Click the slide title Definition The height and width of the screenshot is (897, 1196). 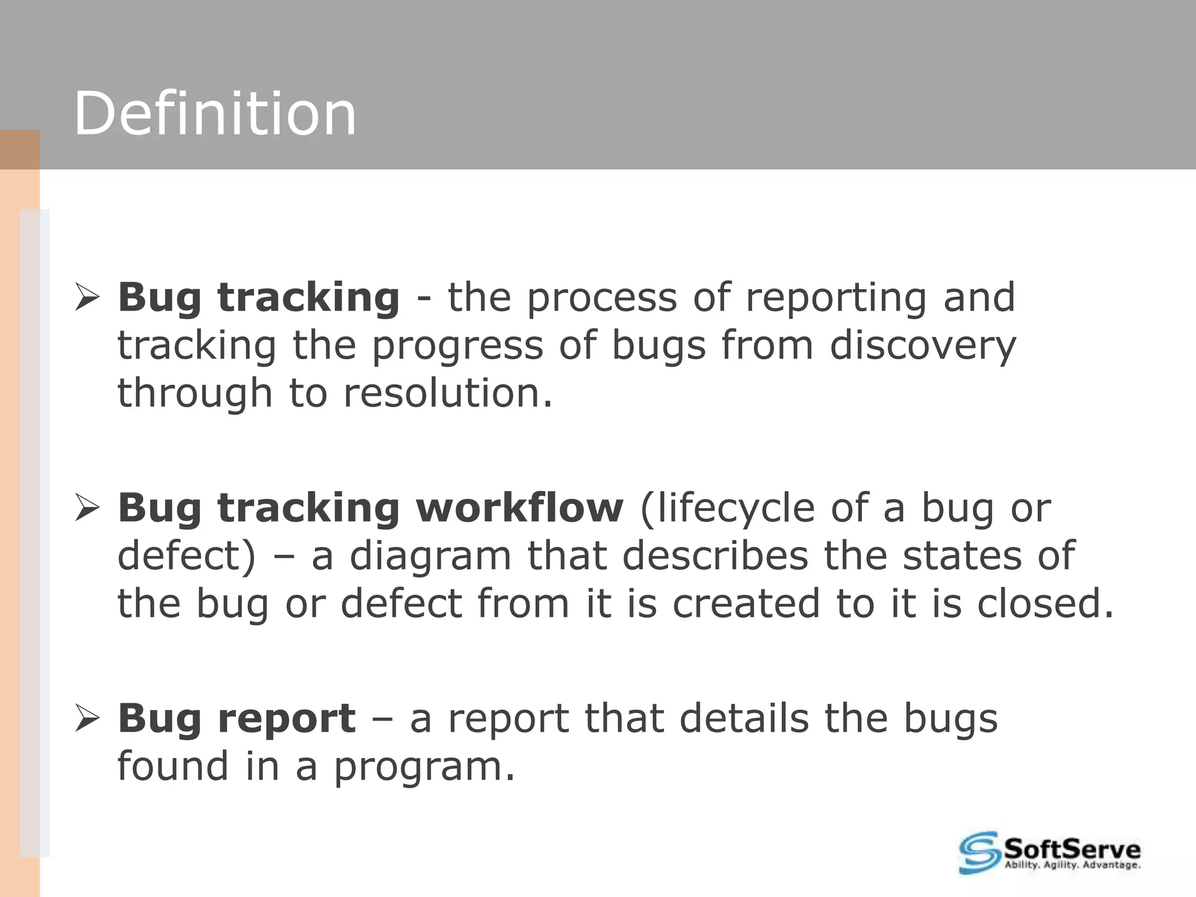point(215,114)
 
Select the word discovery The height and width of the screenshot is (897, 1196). point(923,346)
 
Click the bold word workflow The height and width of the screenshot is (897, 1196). point(519,507)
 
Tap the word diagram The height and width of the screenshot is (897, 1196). point(430,555)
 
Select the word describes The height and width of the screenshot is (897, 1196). point(715,555)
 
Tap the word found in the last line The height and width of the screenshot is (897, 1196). point(173,767)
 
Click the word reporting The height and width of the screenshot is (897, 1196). point(836,298)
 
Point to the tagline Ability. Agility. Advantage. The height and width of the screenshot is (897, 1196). point(1072,865)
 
